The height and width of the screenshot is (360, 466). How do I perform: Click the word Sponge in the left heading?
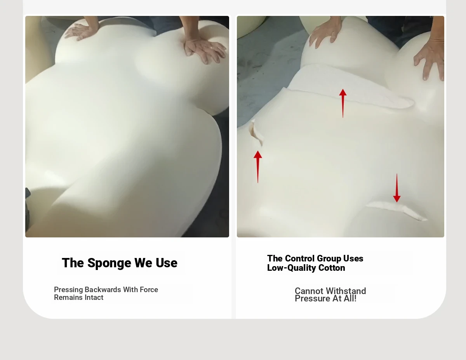(109, 263)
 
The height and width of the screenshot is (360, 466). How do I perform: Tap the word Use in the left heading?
(167, 263)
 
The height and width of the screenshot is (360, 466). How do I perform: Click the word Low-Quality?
(291, 268)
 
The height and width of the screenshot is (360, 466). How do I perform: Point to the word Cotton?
(332, 268)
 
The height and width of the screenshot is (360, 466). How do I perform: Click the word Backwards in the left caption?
(103, 289)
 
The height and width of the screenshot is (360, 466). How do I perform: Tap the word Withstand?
(346, 291)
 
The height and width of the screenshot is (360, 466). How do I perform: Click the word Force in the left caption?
(149, 289)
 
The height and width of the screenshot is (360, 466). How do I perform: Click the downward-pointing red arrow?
(397, 188)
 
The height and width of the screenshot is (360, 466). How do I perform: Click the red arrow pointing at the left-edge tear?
(258, 167)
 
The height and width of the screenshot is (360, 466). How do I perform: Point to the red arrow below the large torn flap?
(343, 103)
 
